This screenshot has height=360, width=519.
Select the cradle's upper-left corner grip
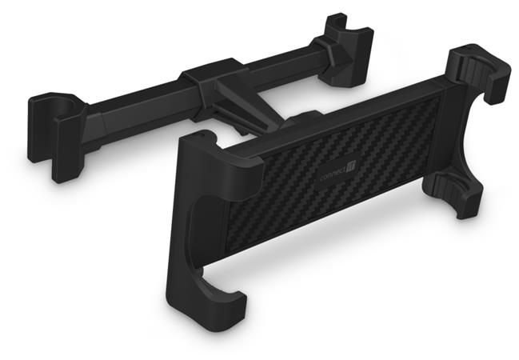pyautogui.click(x=216, y=152)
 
